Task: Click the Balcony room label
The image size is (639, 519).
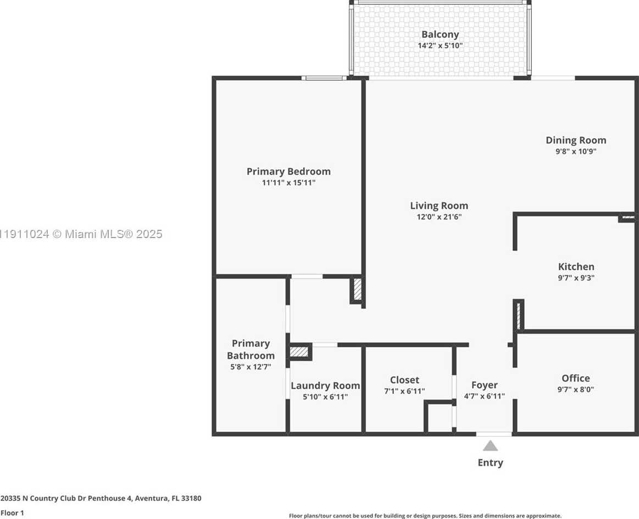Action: point(440,35)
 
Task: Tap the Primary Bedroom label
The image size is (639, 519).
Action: point(288,172)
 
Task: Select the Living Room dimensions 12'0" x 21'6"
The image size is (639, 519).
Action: point(439,217)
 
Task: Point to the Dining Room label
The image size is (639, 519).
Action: point(576,140)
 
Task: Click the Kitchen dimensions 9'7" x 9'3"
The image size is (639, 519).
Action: point(576,278)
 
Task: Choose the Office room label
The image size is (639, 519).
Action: point(575,378)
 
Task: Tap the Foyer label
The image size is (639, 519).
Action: point(484,385)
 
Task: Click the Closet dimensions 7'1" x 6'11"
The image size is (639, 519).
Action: point(404,391)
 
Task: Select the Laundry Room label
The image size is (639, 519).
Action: point(325,386)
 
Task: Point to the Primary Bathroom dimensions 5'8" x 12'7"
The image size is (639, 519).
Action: point(251,367)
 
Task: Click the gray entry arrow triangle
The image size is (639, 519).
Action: point(490,446)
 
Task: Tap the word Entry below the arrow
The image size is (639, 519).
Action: point(490,463)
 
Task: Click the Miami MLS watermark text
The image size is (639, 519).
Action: point(81,234)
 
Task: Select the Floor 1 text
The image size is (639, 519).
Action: point(12,513)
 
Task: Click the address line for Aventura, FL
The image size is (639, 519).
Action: point(101,498)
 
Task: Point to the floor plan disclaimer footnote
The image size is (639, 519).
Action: point(425,516)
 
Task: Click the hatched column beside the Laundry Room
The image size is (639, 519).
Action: point(299,351)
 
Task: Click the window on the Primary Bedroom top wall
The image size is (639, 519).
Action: point(324,78)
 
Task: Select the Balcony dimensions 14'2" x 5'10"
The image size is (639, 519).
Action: point(440,46)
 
